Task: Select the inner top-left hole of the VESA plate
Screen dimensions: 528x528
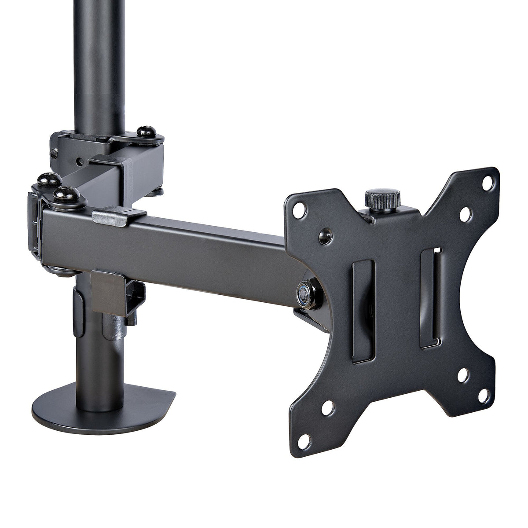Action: pyautogui.click(x=326, y=231)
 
